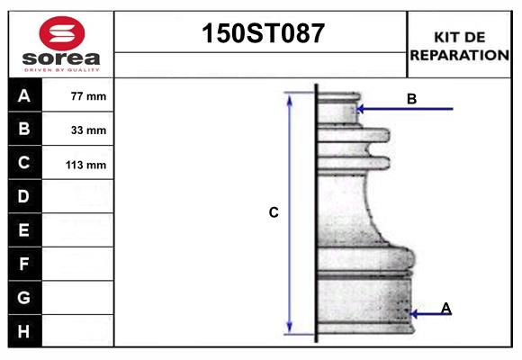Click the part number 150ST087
(x=260, y=34)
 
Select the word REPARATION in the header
(x=459, y=55)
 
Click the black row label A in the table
(x=24, y=95)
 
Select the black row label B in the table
(x=24, y=130)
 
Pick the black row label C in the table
(x=24, y=164)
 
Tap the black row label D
(x=24, y=196)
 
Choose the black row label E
(x=24, y=230)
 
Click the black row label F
(x=24, y=265)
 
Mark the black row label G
(x=24, y=297)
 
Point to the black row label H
(x=24, y=331)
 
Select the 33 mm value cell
(x=88, y=130)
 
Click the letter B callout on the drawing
(x=411, y=99)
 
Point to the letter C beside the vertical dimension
(x=274, y=213)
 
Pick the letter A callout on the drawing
(x=446, y=309)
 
